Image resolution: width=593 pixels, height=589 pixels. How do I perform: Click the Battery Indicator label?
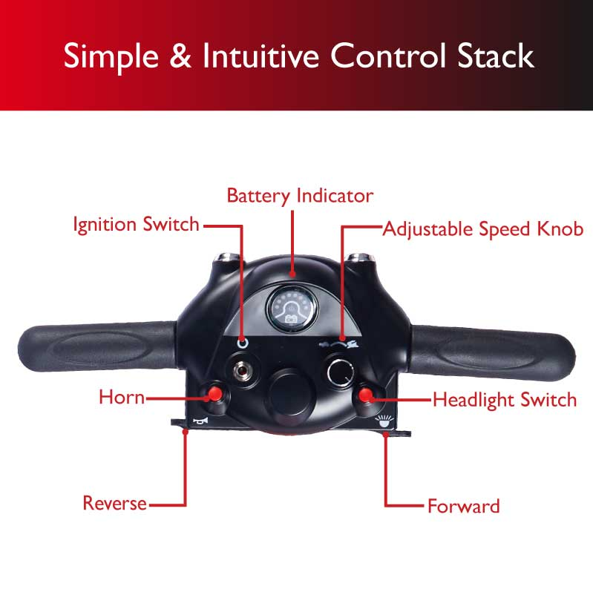click(300, 197)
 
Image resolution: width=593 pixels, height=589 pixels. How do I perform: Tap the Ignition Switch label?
click(136, 224)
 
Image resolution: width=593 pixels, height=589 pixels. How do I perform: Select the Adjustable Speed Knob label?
click(482, 228)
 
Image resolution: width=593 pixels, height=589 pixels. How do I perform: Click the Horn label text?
click(121, 398)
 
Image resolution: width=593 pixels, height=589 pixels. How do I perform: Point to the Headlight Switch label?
click(504, 400)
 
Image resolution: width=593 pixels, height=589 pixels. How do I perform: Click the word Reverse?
click(114, 504)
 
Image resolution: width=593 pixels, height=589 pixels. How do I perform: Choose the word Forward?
click(463, 507)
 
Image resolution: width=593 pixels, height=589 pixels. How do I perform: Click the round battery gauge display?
click(291, 311)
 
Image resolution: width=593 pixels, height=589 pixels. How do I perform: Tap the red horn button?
click(214, 392)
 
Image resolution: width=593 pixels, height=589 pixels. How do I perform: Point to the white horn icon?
click(198, 421)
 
